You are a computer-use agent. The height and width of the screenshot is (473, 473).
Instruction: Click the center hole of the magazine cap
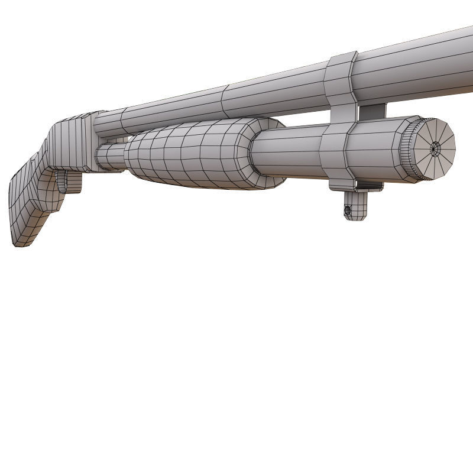pyautogui.click(x=436, y=148)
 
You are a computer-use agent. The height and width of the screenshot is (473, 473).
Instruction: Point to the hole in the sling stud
pyautogui.click(x=348, y=210)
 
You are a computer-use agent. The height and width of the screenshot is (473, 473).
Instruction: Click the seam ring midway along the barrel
pyautogui.click(x=224, y=101)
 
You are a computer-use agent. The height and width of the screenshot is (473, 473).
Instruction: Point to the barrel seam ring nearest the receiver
pyautogui.click(x=123, y=121)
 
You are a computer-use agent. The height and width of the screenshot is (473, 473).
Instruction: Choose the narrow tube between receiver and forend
pyautogui.click(x=109, y=157)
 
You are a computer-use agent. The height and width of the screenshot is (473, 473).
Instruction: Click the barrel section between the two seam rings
pyautogui.click(x=171, y=109)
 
